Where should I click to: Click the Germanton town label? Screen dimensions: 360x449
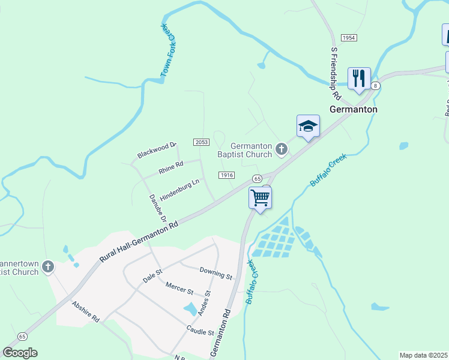[x=354, y=109]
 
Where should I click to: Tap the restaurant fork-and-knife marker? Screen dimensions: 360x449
[x=359, y=79]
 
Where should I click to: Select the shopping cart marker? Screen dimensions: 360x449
[x=261, y=197]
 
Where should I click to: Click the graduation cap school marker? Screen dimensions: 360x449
[x=308, y=127]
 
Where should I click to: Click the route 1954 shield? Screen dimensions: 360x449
[x=349, y=38]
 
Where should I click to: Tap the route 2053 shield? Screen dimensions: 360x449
[x=201, y=142]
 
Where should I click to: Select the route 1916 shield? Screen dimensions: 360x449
[x=226, y=175]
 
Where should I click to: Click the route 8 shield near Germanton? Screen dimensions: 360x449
[x=376, y=86]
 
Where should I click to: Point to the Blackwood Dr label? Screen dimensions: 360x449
[x=157, y=150]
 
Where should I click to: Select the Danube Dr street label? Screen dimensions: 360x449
[x=157, y=209]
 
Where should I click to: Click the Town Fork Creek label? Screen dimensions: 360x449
[x=168, y=50]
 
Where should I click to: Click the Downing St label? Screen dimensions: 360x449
[x=215, y=274]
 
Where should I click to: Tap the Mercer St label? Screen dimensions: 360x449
[x=179, y=290]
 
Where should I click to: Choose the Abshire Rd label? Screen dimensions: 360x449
[x=86, y=312]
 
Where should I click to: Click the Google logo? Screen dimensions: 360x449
[x=20, y=353]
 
